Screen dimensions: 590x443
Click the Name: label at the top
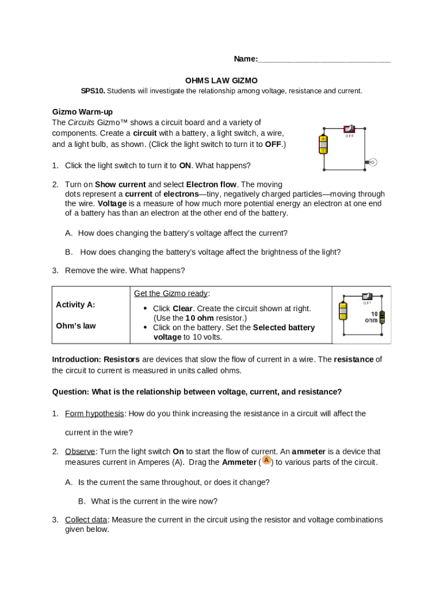point(245,59)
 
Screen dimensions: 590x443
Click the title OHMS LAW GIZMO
point(221,81)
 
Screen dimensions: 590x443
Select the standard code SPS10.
point(93,91)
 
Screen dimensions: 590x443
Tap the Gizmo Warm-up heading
point(86,112)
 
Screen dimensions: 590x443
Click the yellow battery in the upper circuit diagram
point(323,144)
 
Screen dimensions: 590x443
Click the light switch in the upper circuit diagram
point(349,129)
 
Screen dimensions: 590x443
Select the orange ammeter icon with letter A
point(266,461)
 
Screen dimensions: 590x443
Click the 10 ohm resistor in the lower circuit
point(382,317)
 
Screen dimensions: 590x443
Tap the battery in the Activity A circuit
point(343,311)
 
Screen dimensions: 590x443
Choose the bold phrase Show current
point(120,185)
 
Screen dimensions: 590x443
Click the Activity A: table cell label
point(75,305)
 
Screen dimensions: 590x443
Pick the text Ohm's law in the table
point(75,326)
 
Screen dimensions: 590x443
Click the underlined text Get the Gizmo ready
point(171,294)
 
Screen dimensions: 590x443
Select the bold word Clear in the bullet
point(182,309)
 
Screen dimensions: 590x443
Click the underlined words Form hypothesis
point(94,414)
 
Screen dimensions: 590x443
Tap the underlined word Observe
point(80,452)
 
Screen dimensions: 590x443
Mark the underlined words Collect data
point(86,520)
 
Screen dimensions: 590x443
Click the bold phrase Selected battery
point(284,328)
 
